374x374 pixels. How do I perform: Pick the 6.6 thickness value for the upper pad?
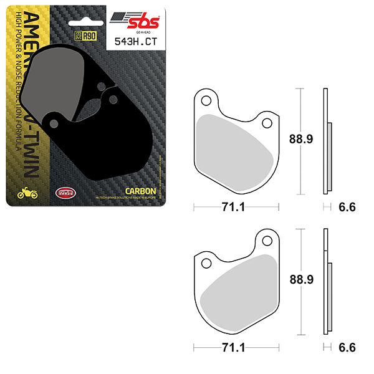[x=345, y=208]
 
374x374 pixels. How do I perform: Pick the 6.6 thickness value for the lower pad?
[x=345, y=348]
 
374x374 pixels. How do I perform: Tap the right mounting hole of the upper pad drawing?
[x=267, y=123]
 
